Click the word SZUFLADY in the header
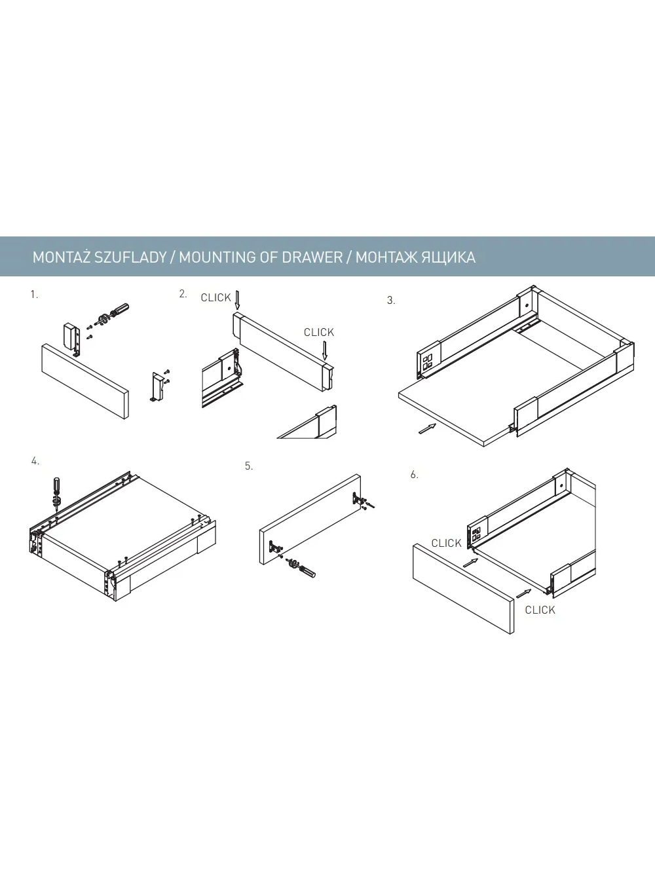coord(130,257)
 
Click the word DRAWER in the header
coord(312,257)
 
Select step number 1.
coord(34,295)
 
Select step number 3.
coord(391,301)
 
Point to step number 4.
coord(35,461)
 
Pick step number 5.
coord(248,466)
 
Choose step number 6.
coord(414,475)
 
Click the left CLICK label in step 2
coord(215,298)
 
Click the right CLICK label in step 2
coord(319,333)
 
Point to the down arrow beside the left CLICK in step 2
coord(237,300)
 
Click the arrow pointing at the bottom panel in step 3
coord(427,428)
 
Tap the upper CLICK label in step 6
coord(446,544)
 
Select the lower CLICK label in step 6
coord(540,610)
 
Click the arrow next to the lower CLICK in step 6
coord(523,593)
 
